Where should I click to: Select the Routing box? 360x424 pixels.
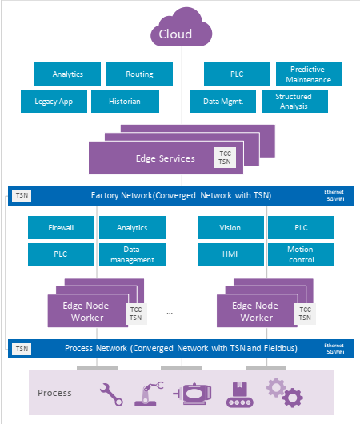tap(139, 74)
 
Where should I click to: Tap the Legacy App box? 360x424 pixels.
tap(54, 102)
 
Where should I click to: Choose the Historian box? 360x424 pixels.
tap(125, 102)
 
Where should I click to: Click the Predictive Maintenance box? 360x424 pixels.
tap(309, 74)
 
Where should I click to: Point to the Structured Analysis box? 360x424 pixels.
tap(294, 102)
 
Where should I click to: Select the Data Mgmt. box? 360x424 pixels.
tap(222, 102)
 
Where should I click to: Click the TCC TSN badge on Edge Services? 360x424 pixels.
tap(225, 158)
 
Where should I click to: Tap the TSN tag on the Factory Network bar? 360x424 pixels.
tap(22, 195)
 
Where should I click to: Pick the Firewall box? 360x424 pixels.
tap(61, 228)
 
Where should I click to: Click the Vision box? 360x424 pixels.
tap(230, 228)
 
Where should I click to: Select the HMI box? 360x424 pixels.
tap(230, 254)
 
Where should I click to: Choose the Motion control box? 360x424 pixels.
tap(301, 254)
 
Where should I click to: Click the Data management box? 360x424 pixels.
tap(132, 254)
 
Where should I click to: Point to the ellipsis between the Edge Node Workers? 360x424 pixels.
tap(170, 313)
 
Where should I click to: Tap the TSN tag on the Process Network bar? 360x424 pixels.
tap(22, 349)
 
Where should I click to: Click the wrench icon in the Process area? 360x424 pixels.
tap(111, 394)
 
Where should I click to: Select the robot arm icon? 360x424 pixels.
tap(149, 394)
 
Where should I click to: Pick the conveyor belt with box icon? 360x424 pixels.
tap(240, 394)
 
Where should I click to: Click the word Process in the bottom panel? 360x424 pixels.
tap(54, 393)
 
